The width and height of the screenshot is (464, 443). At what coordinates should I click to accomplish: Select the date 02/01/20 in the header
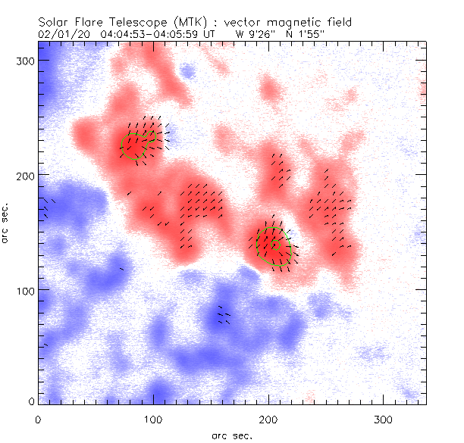click(x=68, y=33)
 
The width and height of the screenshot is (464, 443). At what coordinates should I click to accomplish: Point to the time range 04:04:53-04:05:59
click(x=157, y=33)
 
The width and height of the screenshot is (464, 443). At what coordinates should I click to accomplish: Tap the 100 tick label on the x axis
click(x=154, y=419)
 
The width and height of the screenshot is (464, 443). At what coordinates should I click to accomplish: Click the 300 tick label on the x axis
click(x=384, y=419)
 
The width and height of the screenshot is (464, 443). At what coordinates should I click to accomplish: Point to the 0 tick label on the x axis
click(x=39, y=419)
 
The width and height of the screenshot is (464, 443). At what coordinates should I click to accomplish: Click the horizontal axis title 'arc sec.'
click(x=232, y=435)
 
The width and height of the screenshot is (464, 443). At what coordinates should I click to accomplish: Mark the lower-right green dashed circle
click(x=274, y=245)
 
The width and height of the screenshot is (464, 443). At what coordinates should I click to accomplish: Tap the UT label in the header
click(x=220, y=33)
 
